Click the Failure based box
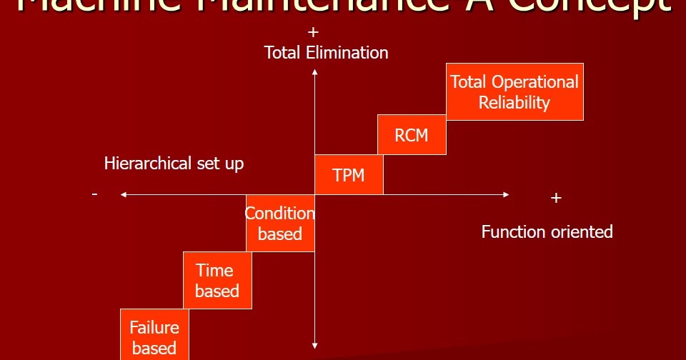(154, 336)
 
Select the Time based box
(217, 280)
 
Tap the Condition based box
(280, 223)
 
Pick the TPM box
(349, 174)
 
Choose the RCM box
(411, 134)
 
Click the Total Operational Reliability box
(514, 92)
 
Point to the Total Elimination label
(326, 53)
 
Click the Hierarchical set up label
(174, 164)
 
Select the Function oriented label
(547, 231)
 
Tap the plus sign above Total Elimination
(312, 33)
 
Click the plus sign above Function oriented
(557, 198)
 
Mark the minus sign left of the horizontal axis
(95, 194)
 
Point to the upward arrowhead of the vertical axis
(314, 71)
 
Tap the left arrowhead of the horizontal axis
(124, 194)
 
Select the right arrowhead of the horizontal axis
(506, 194)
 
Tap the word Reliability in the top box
(514, 103)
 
